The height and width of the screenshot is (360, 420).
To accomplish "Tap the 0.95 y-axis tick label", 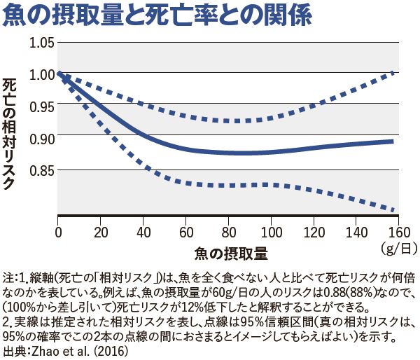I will (x=43, y=106).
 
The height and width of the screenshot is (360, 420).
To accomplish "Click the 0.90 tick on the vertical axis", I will (x=43, y=138).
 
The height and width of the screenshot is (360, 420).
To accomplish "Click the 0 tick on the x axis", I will (x=58, y=231).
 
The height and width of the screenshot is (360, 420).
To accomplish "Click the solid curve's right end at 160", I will (x=393, y=141).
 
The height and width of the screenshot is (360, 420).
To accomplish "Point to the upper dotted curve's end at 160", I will (x=394, y=73).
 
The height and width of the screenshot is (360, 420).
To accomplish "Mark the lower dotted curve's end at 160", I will (x=394, y=209).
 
